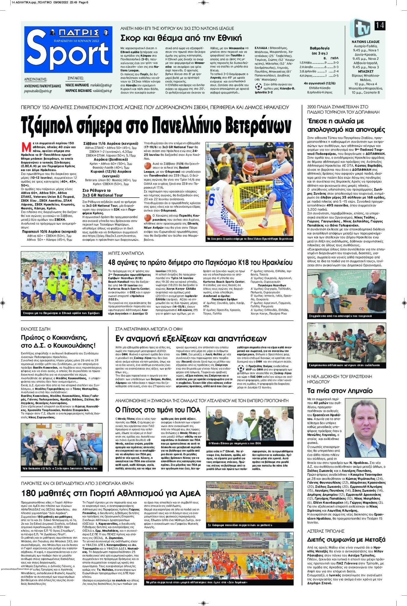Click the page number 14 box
pyautogui.click(x=380, y=25)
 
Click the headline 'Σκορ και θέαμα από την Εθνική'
pyautogui.click(x=181, y=38)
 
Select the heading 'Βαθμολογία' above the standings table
pyautogui.click(x=320, y=48)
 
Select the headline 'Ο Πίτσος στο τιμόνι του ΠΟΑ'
pyautogui.click(x=158, y=410)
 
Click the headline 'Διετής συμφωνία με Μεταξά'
pyautogui.click(x=346, y=539)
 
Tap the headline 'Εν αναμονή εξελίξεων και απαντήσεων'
pyautogui.click(x=191, y=338)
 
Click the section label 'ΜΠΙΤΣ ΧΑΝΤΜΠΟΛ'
pyautogui.click(x=126, y=253)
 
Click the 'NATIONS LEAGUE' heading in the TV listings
pyautogui.click(x=365, y=42)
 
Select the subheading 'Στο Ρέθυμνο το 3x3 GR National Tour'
pyautogui.click(x=102, y=193)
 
